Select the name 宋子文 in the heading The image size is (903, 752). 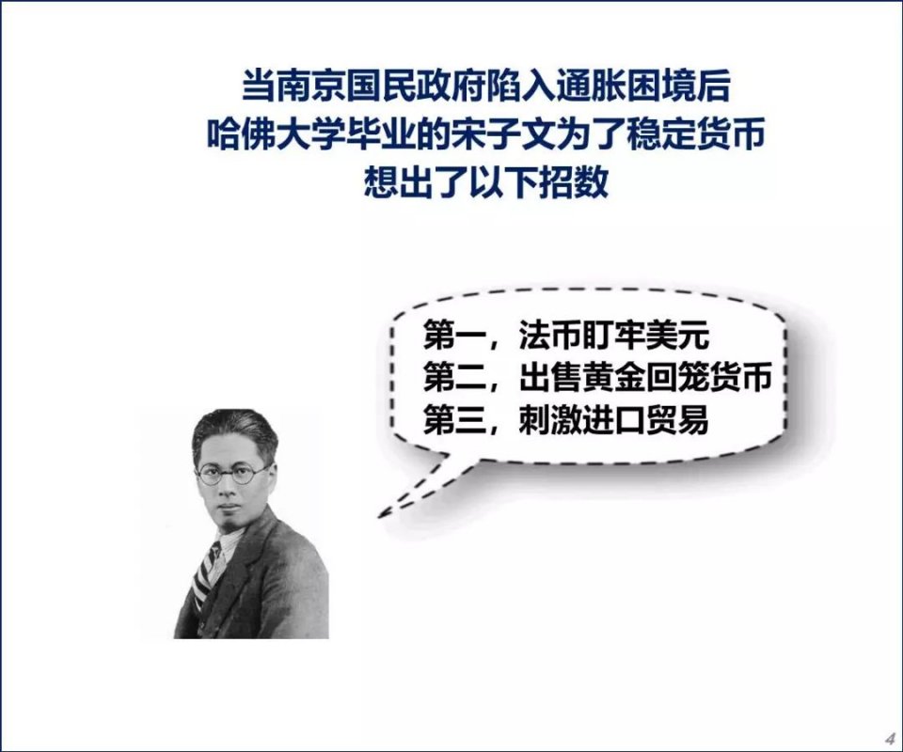tap(503, 134)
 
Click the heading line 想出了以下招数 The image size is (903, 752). tap(486, 182)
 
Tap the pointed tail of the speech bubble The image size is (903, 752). tap(381, 514)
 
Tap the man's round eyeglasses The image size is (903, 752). tap(232, 473)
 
